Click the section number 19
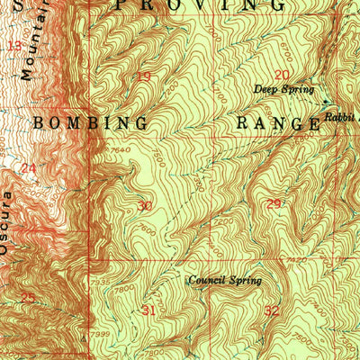[x=143, y=76]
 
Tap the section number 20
[x=283, y=75]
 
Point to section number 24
[x=29, y=167]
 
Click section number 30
[x=145, y=206]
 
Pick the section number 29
[x=274, y=204]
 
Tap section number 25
[x=28, y=298]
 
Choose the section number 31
[x=149, y=310]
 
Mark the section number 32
[x=273, y=310]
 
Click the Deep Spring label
[x=283, y=89]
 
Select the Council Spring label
[x=224, y=281]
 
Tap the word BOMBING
[x=90, y=121]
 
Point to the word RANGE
[x=278, y=123]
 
